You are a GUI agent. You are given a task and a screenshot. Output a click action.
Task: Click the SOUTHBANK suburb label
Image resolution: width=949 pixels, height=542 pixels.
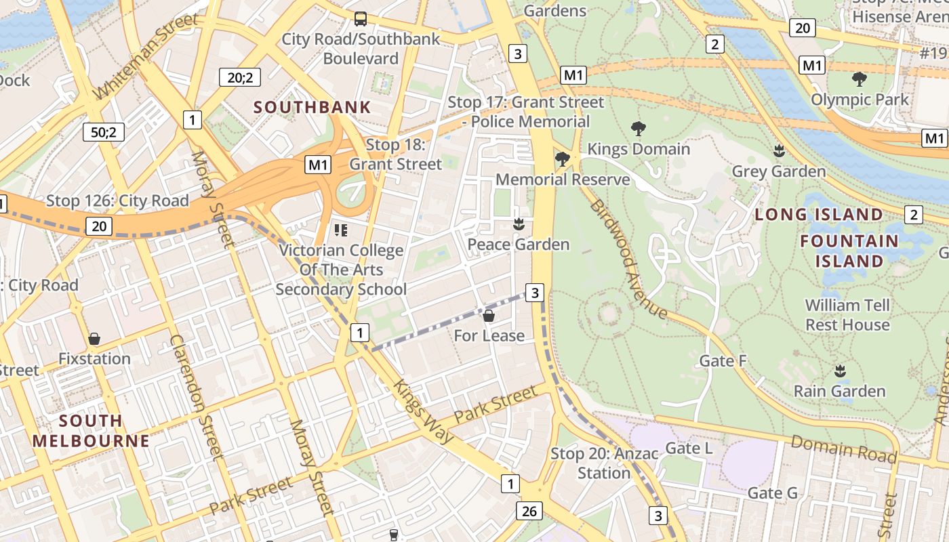(x=312, y=107)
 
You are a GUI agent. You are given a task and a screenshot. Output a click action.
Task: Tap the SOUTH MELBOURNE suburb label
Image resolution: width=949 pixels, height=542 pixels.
(x=90, y=431)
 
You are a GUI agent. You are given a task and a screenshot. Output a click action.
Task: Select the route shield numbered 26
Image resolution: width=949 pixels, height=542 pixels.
(x=529, y=511)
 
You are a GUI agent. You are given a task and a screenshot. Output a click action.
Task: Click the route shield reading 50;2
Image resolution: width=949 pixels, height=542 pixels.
(x=104, y=131)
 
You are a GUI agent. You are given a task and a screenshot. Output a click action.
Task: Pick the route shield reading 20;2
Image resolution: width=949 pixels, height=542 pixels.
(x=240, y=77)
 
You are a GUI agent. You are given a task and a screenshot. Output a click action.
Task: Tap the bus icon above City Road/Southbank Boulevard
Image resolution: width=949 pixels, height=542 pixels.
(x=361, y=19)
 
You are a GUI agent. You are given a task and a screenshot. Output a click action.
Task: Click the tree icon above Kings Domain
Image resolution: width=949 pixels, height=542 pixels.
(x=638, y=129)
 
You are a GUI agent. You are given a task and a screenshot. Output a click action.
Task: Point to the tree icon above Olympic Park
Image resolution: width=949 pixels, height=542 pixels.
(x=859, y=79)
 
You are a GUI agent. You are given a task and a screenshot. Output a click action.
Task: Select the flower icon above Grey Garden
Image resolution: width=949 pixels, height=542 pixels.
(x=779, y=151)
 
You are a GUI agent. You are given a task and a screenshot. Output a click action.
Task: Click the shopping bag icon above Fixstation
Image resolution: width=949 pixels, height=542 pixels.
(x=94, y=338)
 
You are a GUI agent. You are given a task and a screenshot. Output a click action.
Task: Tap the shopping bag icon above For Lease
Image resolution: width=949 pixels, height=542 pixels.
(x=489, y=316)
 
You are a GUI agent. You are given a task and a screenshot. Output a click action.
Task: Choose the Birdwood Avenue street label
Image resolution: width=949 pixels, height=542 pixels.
(x=628, y=259)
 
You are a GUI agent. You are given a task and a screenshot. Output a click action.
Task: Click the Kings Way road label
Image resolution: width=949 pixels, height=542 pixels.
(x=423, y=411)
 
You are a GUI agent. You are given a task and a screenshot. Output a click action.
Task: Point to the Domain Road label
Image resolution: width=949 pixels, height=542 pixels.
(x=843, y=449)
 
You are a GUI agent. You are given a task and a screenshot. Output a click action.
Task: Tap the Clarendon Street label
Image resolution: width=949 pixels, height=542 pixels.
(x=197, y=397)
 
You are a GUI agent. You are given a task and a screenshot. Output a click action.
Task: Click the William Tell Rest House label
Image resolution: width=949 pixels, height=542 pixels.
(x=847, y=315)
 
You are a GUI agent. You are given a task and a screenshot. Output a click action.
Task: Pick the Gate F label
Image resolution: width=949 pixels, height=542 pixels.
(x=723, y=360)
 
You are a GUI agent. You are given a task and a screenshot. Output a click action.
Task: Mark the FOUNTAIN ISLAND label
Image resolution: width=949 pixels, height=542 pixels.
(x=849, y=251)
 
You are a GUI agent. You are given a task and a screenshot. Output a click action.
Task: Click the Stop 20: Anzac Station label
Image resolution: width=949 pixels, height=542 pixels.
(x=604, y=463)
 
